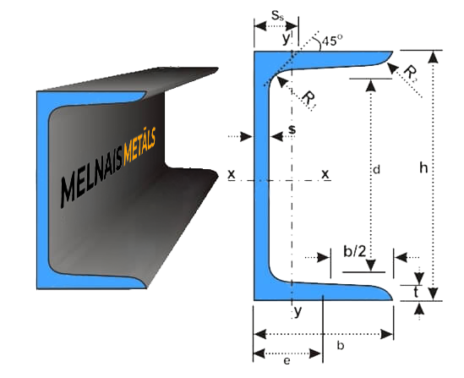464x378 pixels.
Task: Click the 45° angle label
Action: point(332,41)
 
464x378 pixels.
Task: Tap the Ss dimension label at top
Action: point(277,16)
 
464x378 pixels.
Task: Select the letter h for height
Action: point(423,167)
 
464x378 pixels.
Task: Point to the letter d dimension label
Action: point(376,170)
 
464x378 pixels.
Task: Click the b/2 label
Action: point(354,252)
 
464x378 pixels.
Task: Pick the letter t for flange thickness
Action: point(416,293)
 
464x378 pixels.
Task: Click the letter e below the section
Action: point(287,360)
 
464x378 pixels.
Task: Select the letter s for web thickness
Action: point(292,129)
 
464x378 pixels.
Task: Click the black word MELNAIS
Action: point(91,177)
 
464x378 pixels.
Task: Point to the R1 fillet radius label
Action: point(308,100)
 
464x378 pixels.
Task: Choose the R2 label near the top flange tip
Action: point(411,74)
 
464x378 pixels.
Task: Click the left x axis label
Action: point(232,174)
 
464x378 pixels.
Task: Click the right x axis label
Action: point(325,174)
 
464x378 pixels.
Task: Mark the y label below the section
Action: point(298,312)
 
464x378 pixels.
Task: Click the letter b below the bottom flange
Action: point(341,345)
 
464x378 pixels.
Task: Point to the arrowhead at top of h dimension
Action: point(434,58)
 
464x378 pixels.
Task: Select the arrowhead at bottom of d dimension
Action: point(371,265)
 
